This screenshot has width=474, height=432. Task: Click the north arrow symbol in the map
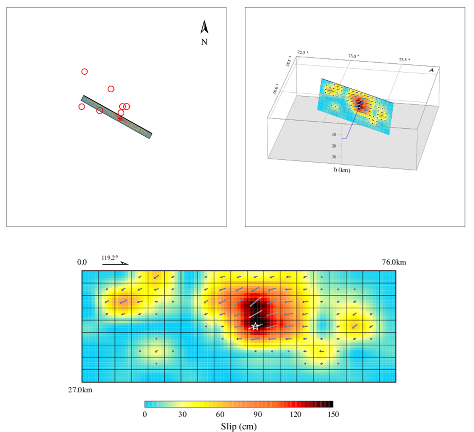coord(204,27)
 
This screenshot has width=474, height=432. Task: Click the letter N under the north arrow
coord(204,42)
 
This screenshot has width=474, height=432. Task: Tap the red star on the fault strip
coord(120,119)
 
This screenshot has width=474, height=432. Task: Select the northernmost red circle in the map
coord(84,71)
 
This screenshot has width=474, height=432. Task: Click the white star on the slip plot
coord(255,326)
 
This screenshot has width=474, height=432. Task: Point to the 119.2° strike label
coord(110,257)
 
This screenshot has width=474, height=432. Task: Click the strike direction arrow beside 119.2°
coord(115,264)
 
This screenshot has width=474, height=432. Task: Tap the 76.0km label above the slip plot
coord(394,262)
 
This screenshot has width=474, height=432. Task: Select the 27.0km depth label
coord(80,390)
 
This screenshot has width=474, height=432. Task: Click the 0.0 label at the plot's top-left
coord(82,262)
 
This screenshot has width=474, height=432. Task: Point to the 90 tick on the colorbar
coord(258,414)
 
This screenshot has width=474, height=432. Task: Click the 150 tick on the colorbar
coord(333,414)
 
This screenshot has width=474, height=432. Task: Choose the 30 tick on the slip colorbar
coord(183,414)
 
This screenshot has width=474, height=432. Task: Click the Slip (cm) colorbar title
coord(239,426)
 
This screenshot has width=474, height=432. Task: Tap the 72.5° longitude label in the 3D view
coord(303,52)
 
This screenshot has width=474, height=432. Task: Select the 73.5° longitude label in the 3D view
coord(404,60)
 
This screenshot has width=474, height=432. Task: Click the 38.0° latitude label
coord(275,89)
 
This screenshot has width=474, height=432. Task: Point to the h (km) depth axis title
coord(342,170)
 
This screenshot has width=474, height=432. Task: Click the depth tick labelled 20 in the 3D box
coord(334,146)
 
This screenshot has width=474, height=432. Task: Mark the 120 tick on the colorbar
coord(295,414)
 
